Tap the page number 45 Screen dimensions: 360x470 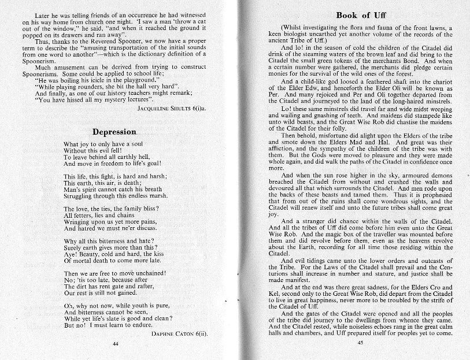(359, 343)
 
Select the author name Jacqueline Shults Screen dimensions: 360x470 (172, 108)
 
